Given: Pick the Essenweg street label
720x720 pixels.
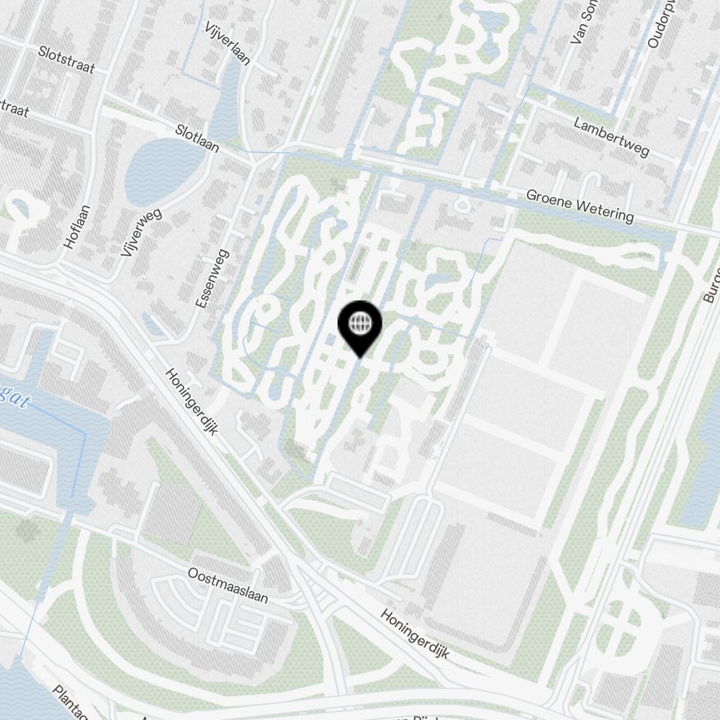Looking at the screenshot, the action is coord(212,279).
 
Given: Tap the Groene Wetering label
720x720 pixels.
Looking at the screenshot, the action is coord(580,205).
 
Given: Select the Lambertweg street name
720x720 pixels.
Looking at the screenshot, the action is coord(611,137).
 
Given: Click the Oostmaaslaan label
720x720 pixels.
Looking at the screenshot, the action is coord(228,586).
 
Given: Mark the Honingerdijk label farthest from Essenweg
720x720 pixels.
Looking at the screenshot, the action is coord(415,635).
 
